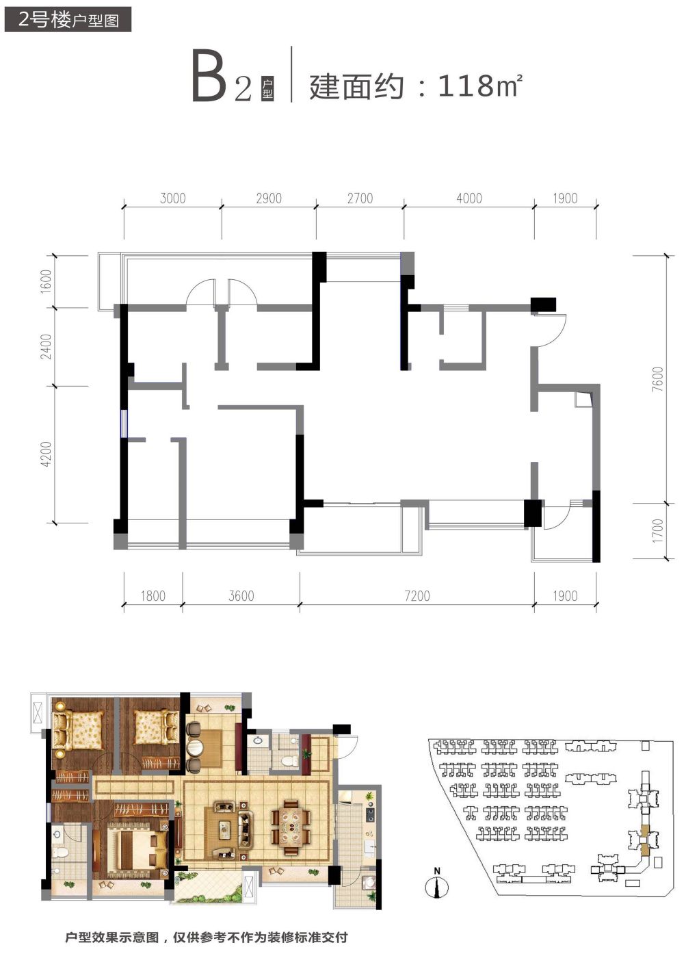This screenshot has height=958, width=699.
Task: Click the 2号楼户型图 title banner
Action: (x=68, y=19)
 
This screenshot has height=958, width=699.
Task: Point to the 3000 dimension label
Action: (x=173, y=198)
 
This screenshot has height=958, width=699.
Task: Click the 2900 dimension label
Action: (x=269, y=198)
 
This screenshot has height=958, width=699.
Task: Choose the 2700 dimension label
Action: (x=360, y=198)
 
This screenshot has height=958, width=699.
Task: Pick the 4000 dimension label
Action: (x=469, y=198)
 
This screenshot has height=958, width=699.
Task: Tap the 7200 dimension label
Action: (x=417, y=596)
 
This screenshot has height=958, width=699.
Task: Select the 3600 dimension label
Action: (x=241, y=596)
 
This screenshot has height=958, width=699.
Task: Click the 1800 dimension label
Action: (x=153, y=596)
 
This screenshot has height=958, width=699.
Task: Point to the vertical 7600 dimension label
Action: (x=659, y=379)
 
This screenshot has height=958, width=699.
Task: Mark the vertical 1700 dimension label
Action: (x=659, y=531)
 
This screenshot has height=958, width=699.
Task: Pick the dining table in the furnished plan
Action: (x=291, y=822)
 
